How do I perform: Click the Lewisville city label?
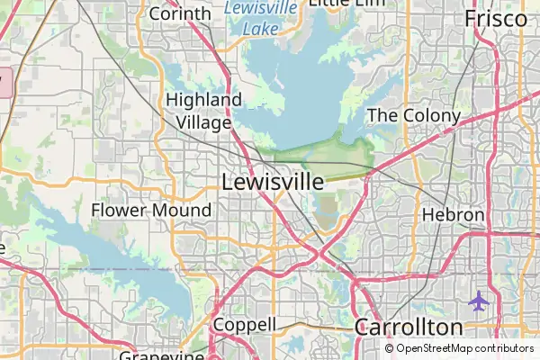(x=272, y=182)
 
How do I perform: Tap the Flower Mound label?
(x=151, y=211)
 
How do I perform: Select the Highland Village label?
(x=204, y=111)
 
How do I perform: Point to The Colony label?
(x=414, y=116)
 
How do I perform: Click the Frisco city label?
(x=495, y=18)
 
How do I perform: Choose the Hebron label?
(x=454, y=216)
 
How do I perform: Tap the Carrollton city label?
(x=409, y=327)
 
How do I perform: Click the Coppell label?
(x=244, y=324)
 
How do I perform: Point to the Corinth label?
(x=179, y=13)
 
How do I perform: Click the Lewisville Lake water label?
(x=260, y=16)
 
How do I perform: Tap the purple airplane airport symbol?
(x=479, y=300)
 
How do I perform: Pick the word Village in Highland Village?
(x=204, y=121)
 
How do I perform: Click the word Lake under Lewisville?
(x=260, y=27)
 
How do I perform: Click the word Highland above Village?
(x=204, y=100)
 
